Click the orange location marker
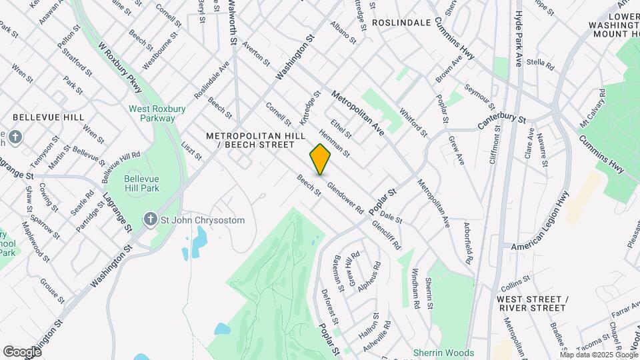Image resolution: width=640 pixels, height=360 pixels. click(x=321, y=159)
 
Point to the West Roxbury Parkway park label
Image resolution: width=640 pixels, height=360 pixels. click(x=152, y=113)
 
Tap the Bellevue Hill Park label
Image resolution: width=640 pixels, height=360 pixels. click(x=141, y=184)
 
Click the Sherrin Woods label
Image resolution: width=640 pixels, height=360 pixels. click(x=443, y=353)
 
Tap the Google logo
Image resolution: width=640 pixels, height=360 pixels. click(x=22, y=351)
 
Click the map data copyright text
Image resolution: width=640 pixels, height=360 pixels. click(x=598, y=355)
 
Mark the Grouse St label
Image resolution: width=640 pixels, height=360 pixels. click(x=52, y=291)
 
